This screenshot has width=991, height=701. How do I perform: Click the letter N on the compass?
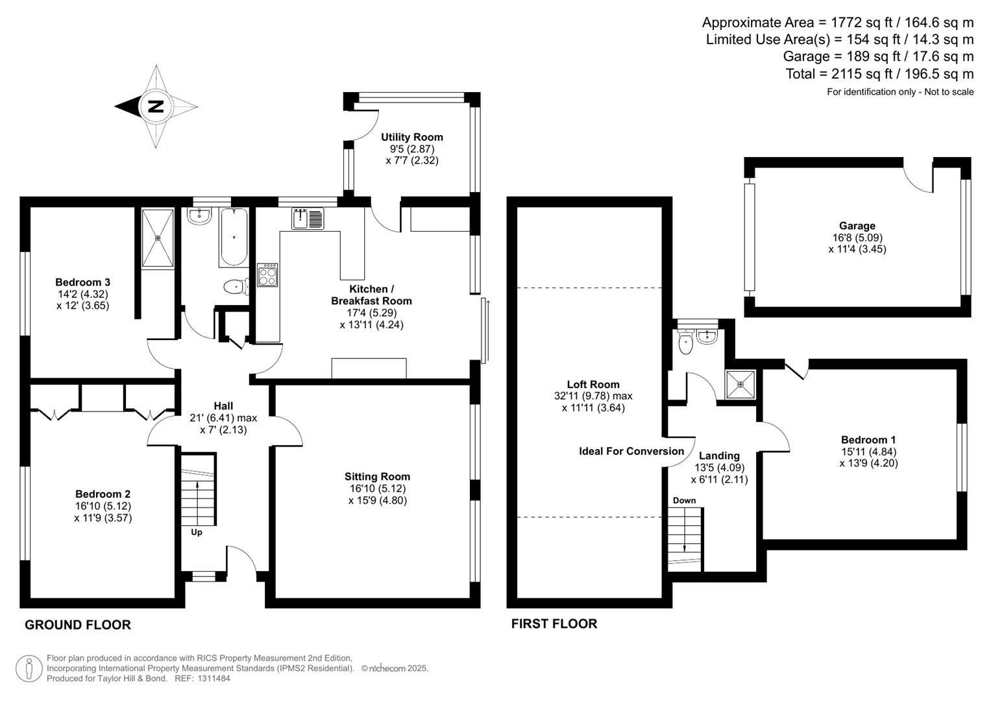pyautogui.click(x=156, y=106)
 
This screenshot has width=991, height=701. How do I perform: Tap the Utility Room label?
pyautogui.click(x=411, y=137)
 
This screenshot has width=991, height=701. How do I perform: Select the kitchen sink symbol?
pyautogui.click(x=308, y=218)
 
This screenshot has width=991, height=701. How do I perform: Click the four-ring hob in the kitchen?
pyautogui.click(x=267, y=275)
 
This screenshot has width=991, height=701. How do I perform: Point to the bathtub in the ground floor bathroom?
pyautogui.click(x=233, y=237)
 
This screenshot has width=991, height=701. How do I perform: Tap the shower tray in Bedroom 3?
pyautogui.click(x=158, y=238)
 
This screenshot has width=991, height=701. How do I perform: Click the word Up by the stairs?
pyautogui.click(x=197, y=532)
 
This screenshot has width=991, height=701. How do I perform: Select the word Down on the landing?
pyautogui.click(x=684, y=500)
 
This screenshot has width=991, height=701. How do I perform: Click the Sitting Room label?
pyautogui.click(x=377, y=476)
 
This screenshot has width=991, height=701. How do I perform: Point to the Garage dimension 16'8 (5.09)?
pyautogui.click(x=857, y=238)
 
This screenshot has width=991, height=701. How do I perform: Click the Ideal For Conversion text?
pyautogui.click(x=631, y=451)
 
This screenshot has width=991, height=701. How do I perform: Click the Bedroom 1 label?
pyautogui.click(x=868, y=439)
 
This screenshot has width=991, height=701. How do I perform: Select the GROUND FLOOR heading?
pyautogui.click(x=78, y=624)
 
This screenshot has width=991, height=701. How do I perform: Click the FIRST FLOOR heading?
pyautogui.click(x=554, y=624)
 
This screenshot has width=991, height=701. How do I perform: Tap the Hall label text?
pyautogui.click(x=223, y=406)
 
